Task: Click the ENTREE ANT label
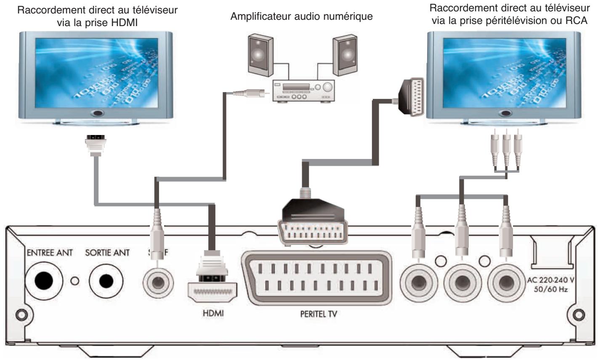tap(50, 253)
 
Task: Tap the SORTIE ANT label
tap(107, 253)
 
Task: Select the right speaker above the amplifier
tap(345, 53)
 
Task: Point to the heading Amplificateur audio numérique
tap(302, 17)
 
